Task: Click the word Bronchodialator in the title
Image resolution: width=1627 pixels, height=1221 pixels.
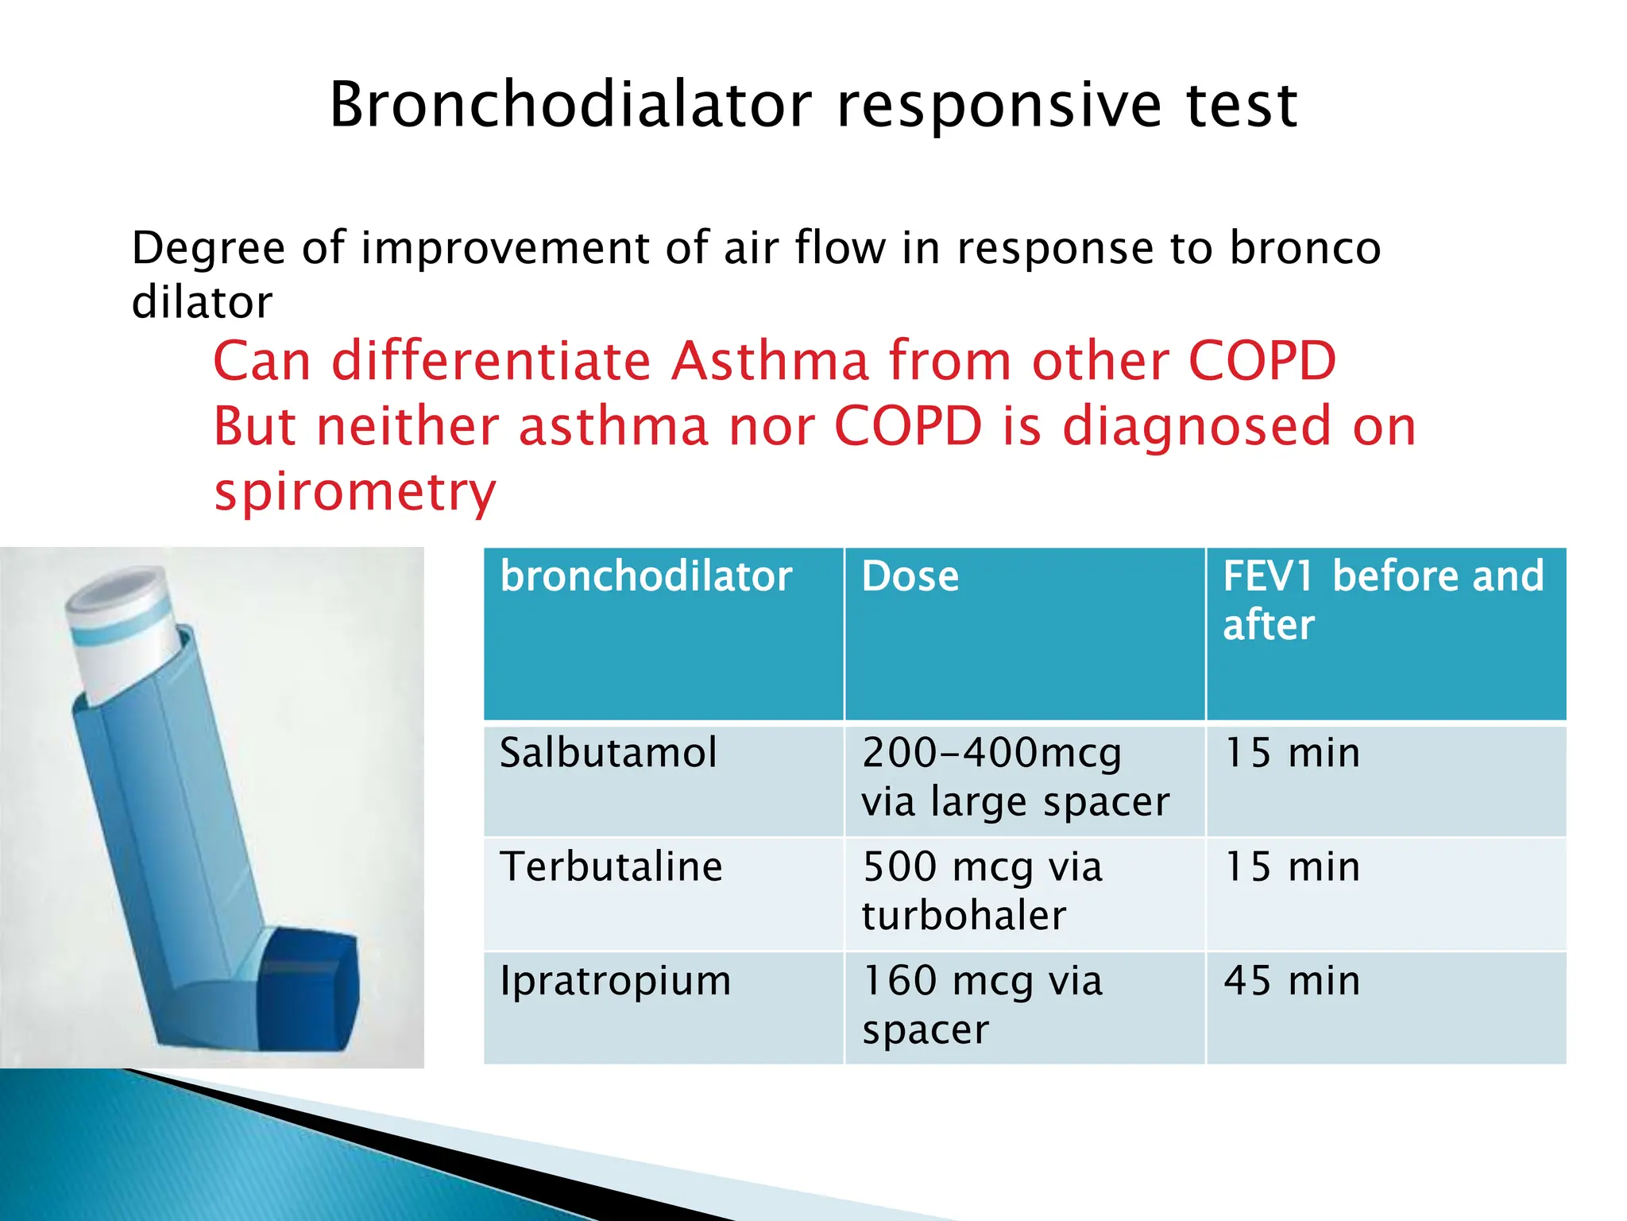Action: pyautogui.click(x=570, y=105)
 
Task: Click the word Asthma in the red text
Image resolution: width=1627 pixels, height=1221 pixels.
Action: pyautogui.click(x=770, y=362)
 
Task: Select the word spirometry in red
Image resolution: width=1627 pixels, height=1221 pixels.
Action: pyautogui.click(x=355, y=492)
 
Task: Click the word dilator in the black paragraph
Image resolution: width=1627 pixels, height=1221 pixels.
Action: pyautogui.click(x=202, y=303)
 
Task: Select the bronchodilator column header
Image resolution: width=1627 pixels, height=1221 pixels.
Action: pyautogui.click(x=646, y=577)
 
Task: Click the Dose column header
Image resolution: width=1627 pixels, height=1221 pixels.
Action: pyautogui.click(x=910, y=577)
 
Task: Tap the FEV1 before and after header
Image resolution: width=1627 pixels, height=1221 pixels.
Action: pyautogui.click(x=1382, y=600)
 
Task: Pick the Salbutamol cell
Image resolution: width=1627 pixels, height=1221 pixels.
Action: pyautogui.click(x=609, y=753)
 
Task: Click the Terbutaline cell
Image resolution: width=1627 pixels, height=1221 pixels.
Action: pyautogui.click(x=611, y=867)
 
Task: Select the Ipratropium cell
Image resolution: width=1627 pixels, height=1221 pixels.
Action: pyautogui.click(x=615, y=981)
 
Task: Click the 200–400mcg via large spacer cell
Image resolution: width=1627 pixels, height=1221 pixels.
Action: pyautogui.click(x=1015, y=777)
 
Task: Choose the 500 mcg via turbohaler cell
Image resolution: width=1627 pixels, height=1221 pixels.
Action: pyautogui.click(x=982, y=891)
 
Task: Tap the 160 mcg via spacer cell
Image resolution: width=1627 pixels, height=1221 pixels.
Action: pyautogui.click(x=982, y=1005)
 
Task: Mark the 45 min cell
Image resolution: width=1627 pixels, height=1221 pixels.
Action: pyautogui.click(x=1292, y=981)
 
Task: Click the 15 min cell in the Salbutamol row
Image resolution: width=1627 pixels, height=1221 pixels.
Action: pyautogui.click(x=1292, y=753)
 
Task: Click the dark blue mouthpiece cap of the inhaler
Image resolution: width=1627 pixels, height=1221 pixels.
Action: pyautogui.click(x=311, y=986)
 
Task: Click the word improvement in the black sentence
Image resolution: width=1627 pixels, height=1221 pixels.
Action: pyautogui.click(x=506, y=249)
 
